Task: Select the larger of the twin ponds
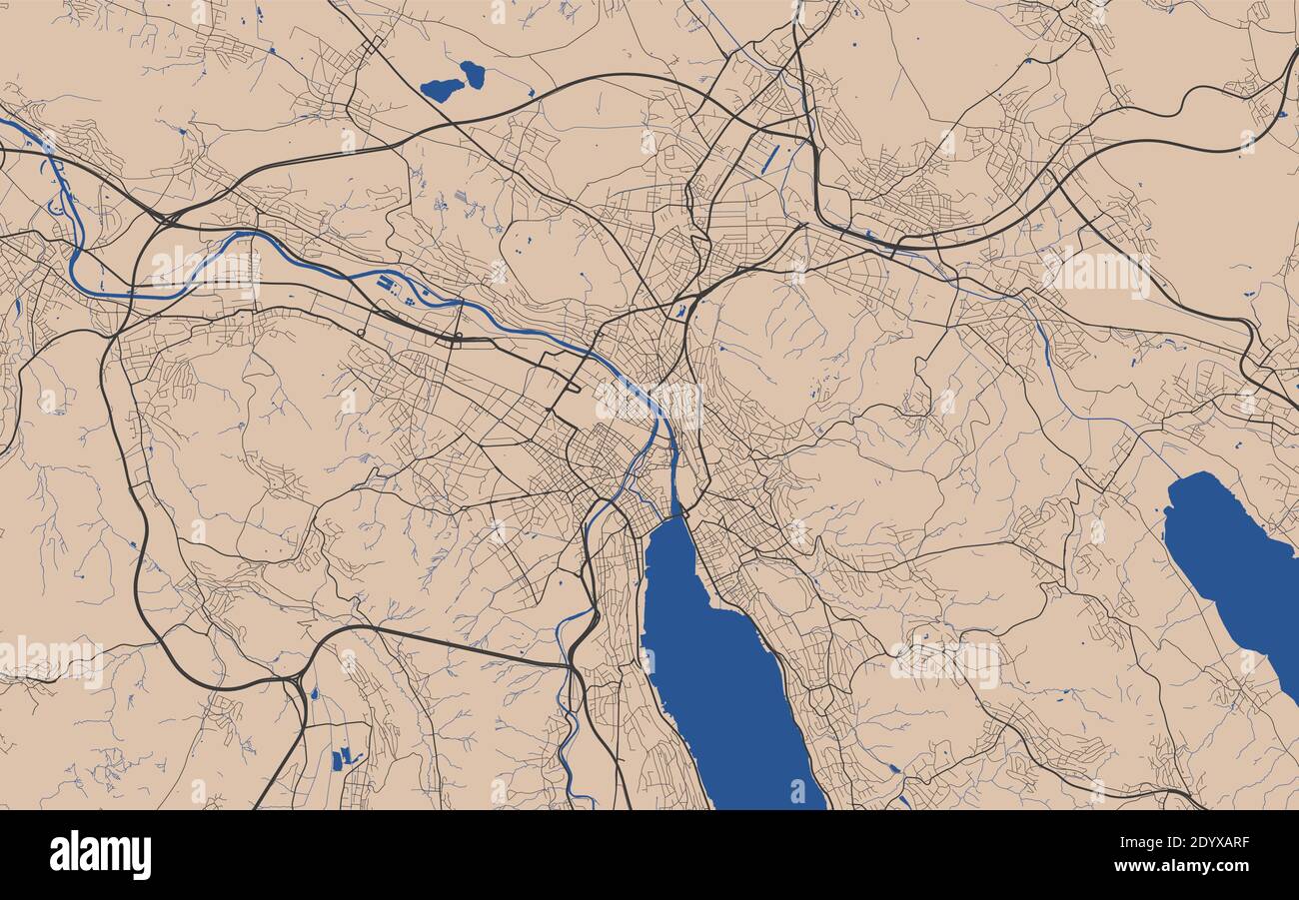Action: click(441, 90)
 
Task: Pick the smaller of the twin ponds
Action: click(473, 74)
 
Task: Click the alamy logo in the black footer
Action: click(100, 855)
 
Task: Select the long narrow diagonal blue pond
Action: click(770, 159)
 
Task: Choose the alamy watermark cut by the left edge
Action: click(50, 662)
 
